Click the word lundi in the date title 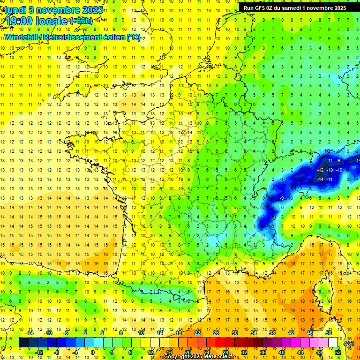pyautogui.click(x=15, y=9)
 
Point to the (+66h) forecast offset pyautogui.click(x=81, y=21)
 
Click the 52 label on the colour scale pyautogui.click(x=338, y=352)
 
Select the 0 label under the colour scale pyautogui.click(x=93, y=352)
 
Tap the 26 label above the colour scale pyautogui.click(x=216, y=333)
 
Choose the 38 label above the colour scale pyautogui.click(x=272, y=333)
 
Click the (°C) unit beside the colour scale pyautogui.click(x=349, y=343)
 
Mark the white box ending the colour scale pyautogui.click(x=333, y=343)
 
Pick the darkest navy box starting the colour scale pyautogui.click(x=23, y=343)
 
